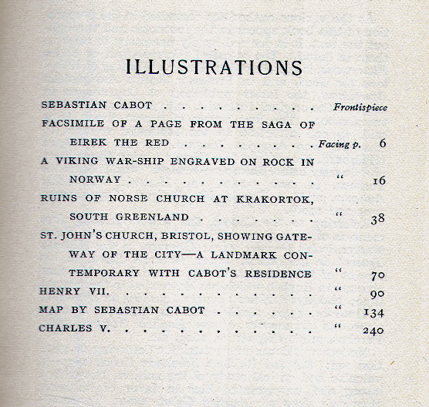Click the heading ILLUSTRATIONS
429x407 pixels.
click(214, 67)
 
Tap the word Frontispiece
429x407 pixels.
click(360, 107)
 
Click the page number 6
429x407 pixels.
click(382, 143)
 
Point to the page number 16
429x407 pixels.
click(378, 180)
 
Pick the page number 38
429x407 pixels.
click(377, 218)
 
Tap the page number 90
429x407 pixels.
click(377, 293)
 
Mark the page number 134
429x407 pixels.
click(373, 311)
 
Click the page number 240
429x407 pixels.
click(373, 330)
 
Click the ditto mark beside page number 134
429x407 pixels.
click(338, 310)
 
